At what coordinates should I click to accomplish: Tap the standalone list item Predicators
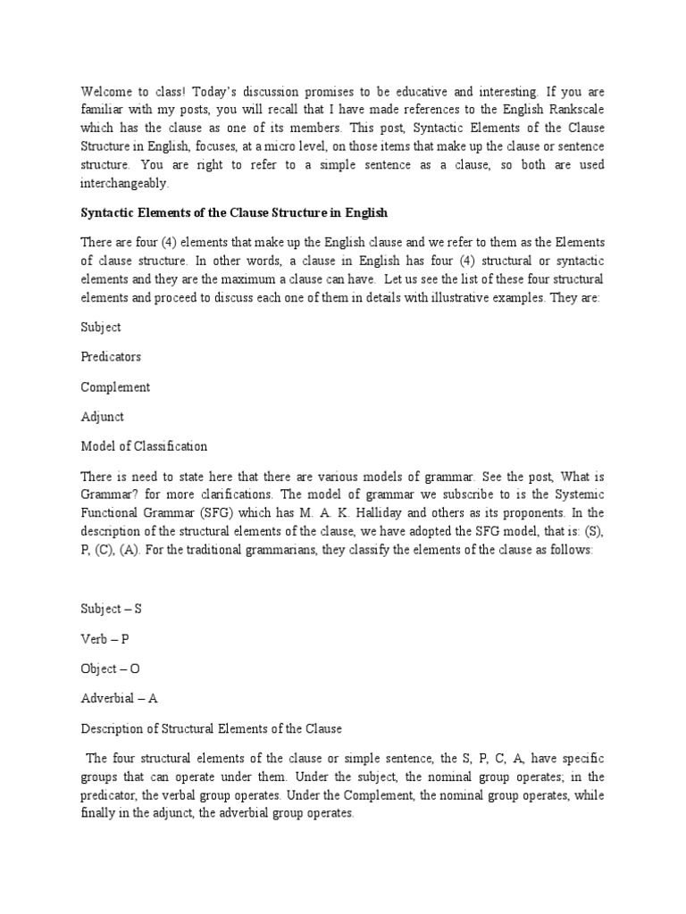coord(111,357)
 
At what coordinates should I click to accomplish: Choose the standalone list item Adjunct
coord(103,416)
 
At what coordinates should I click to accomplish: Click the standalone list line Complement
coord(115,386)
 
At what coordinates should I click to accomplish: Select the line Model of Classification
coord(144,445)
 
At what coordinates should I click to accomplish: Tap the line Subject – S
coord(111,609)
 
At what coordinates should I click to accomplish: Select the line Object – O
coord(111,668)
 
